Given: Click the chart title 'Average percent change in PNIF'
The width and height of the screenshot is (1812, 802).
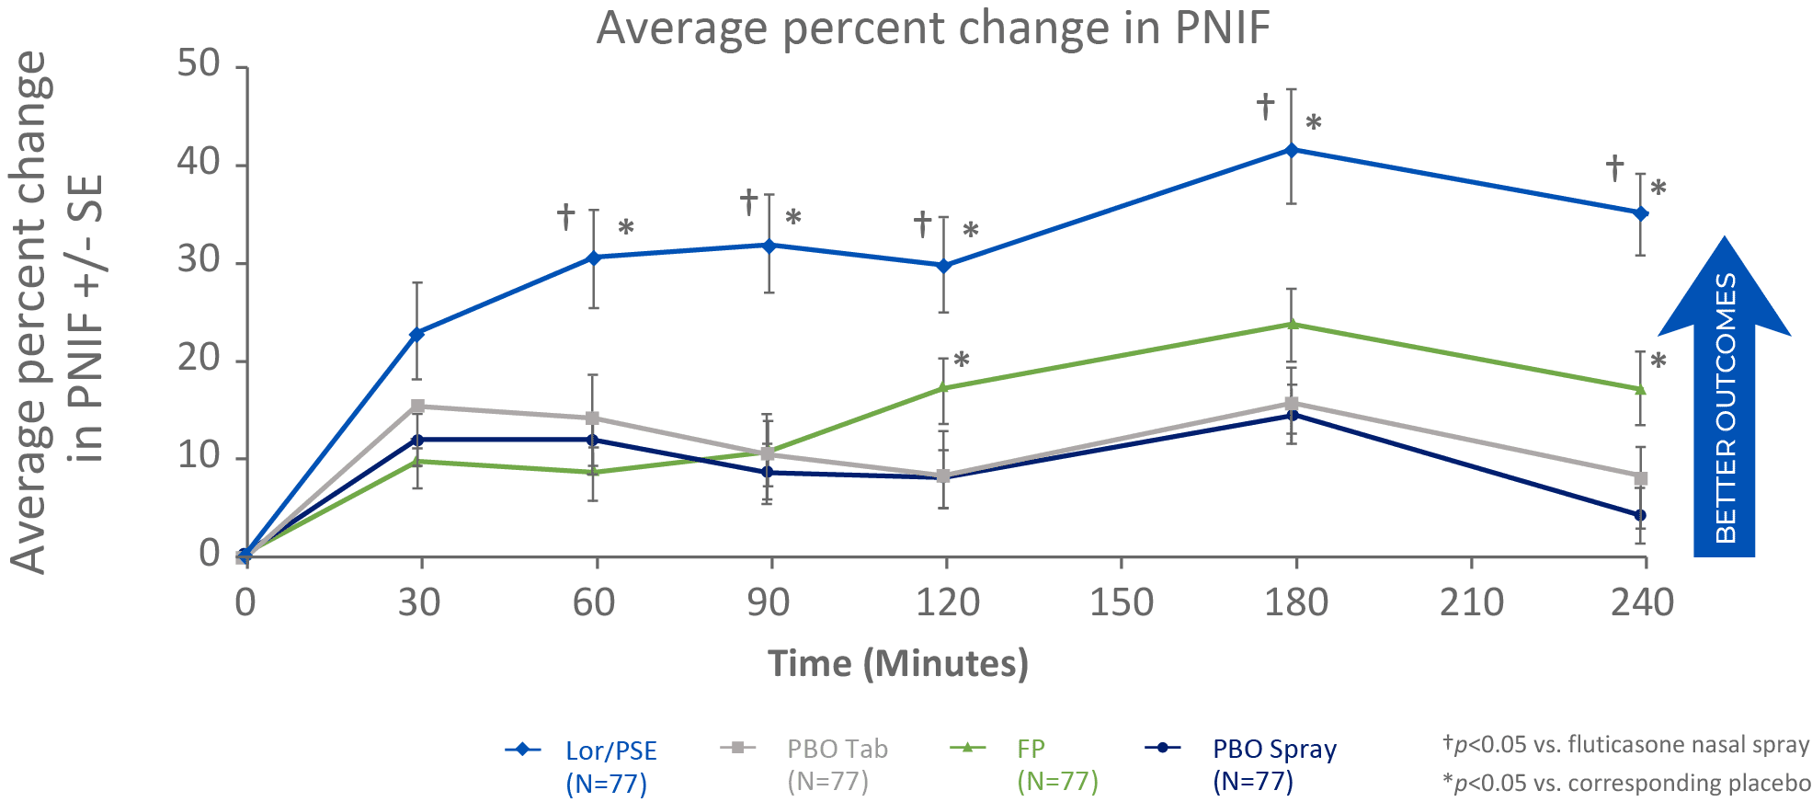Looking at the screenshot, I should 932,28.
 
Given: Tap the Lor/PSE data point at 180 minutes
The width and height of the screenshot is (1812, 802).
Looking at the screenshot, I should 1291,149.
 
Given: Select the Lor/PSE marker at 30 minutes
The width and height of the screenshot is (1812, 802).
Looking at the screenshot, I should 416,334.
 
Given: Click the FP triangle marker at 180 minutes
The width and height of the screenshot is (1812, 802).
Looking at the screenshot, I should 1293,324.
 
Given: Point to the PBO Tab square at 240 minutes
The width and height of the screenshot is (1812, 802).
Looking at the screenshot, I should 1641,478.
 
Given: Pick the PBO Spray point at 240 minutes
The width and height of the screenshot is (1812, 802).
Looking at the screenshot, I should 1640,515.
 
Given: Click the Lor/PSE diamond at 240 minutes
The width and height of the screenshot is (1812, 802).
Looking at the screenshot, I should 1640,213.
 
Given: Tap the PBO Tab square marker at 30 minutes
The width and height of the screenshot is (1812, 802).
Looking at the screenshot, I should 417,406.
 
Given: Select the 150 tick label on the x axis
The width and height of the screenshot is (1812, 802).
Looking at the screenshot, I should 1121,603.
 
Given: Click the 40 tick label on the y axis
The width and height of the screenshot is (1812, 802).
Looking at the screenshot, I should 199,163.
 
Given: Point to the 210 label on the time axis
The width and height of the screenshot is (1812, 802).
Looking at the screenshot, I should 1471,603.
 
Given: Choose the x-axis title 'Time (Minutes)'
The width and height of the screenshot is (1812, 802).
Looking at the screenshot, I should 897,663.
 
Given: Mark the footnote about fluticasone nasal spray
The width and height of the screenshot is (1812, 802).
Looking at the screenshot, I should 1625,744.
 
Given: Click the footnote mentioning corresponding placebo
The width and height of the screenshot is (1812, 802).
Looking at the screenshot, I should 1625,783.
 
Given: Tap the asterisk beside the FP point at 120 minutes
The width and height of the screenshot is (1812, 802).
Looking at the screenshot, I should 962,359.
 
